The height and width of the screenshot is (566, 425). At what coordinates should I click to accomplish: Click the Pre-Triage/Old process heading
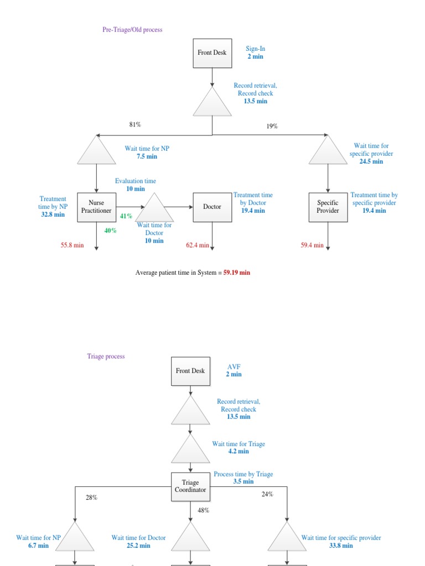pos(132,29)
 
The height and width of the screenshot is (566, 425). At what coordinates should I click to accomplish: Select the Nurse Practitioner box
pos(96,207)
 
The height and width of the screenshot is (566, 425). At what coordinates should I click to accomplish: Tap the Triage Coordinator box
pos(190,486)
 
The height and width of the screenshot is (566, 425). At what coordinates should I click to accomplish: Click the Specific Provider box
pos(328,207)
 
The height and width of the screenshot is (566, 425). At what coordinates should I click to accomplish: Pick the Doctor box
pos(212,207)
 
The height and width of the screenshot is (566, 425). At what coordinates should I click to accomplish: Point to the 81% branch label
pos(135,125)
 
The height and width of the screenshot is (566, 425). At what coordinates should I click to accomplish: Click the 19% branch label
pos(272,126)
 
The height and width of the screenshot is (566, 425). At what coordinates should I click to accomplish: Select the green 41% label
pos(126,216)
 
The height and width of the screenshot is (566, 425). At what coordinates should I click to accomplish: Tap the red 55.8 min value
pos(72,245)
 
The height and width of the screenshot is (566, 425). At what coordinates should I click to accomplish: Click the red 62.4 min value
pos(198,245)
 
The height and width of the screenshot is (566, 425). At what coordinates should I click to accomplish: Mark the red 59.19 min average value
pos(236,272)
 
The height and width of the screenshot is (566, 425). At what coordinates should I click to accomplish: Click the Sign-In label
pos(256,49)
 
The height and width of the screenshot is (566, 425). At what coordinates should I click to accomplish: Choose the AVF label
pos(234,366)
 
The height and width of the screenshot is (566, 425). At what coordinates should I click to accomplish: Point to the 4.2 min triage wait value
pos(238,451)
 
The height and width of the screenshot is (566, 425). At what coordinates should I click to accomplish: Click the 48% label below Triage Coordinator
pos(203,510)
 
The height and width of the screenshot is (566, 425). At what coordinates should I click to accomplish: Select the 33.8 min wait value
pos(341,546)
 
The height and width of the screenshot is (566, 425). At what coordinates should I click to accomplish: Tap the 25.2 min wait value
pos(138,546)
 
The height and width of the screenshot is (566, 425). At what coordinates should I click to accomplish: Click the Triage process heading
pos(106,356)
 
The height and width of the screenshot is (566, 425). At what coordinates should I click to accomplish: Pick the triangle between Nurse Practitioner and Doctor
pos(154,209)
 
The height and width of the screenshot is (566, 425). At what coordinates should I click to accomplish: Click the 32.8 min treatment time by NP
pos(53,214)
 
